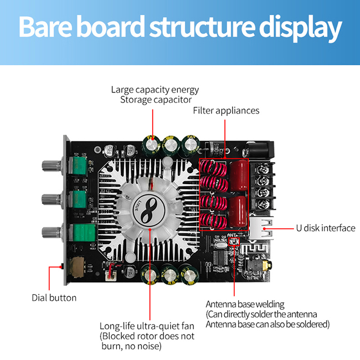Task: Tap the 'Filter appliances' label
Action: pos(226,110)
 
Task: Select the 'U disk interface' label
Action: pos(325,228)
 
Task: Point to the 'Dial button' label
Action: pos(54,297)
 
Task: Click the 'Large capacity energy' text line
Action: pos(155,90)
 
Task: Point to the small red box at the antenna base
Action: pos(234,243)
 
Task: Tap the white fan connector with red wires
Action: pos(112,274)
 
